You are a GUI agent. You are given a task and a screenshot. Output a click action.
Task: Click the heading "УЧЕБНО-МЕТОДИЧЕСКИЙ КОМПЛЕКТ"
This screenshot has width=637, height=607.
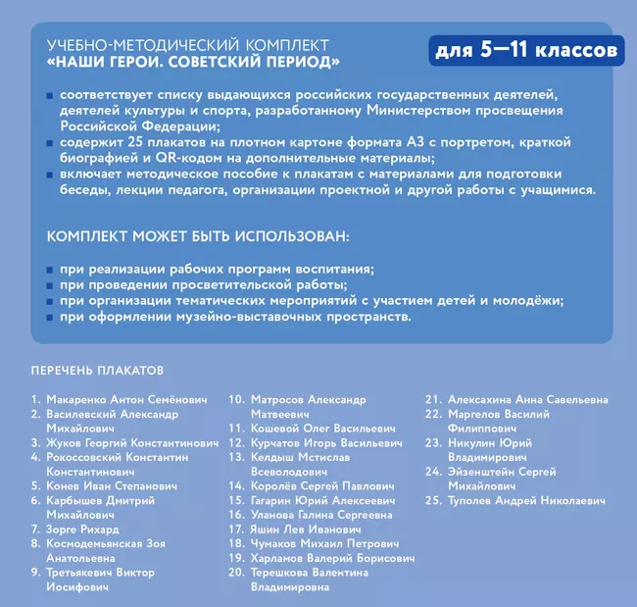[x=187, y=46]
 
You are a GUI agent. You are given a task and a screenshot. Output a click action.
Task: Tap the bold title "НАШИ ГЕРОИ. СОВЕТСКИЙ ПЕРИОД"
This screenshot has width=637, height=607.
[x=193, y=63]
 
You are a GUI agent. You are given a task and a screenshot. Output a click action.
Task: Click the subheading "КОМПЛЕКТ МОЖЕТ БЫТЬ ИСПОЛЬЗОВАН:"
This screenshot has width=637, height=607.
[x=196, y=238]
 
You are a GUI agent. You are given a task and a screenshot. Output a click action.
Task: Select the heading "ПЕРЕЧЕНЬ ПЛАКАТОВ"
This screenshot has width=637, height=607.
[x=97, y=371]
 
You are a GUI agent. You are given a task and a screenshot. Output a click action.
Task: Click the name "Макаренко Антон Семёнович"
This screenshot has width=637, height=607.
[x=126, y=400]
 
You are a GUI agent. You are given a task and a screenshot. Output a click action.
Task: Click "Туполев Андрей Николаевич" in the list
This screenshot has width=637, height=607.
[x=526, y=500]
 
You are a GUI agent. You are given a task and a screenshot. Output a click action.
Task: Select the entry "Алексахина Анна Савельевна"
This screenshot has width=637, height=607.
[x=527, y=400]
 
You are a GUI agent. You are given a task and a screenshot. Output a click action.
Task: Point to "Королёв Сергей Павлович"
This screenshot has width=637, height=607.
[x=321, y=485]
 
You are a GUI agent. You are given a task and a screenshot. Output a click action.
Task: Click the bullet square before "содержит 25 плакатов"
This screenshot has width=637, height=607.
[x=49, y=143]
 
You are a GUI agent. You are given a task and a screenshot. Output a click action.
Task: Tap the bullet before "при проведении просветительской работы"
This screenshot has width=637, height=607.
[x=49, y=285]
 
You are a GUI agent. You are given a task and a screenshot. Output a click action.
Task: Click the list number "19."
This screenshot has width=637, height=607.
[x=235, y=558]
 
